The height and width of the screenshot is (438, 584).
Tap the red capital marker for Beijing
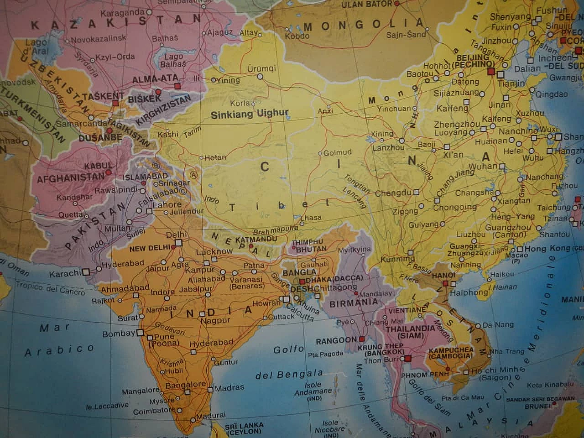(491, 72)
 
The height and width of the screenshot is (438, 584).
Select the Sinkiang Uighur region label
(250, 114)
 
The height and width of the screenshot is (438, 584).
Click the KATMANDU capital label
(256, 239)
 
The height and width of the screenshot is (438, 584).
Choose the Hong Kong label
(547, 249)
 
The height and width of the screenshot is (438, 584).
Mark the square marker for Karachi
(86, 271)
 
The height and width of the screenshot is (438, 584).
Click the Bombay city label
(119, 334)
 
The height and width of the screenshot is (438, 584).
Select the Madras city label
(229, 388)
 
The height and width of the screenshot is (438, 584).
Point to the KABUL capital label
(98, 166)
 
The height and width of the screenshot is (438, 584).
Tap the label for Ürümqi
(261, 68)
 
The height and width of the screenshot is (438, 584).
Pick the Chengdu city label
(393, 193)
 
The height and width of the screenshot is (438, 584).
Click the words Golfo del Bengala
(289, 363)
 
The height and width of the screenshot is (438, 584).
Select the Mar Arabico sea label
(59, 340)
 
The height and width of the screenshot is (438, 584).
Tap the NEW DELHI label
(150, 249)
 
